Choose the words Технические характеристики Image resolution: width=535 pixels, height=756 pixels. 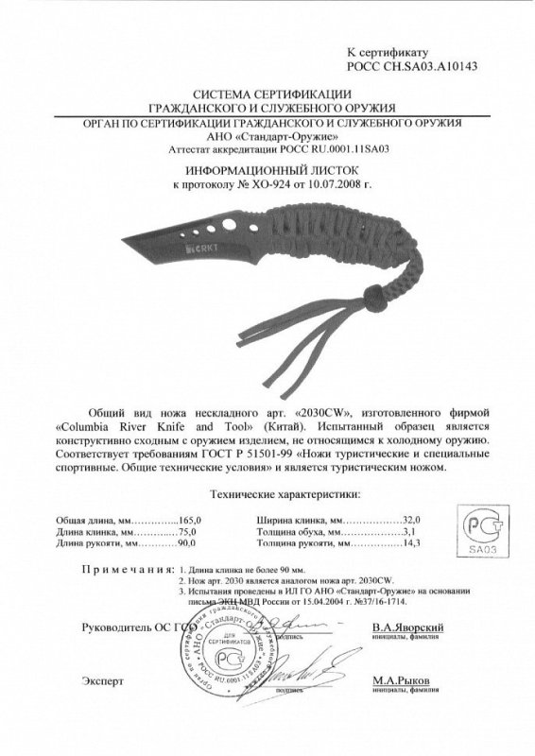(x=268, y=494)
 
